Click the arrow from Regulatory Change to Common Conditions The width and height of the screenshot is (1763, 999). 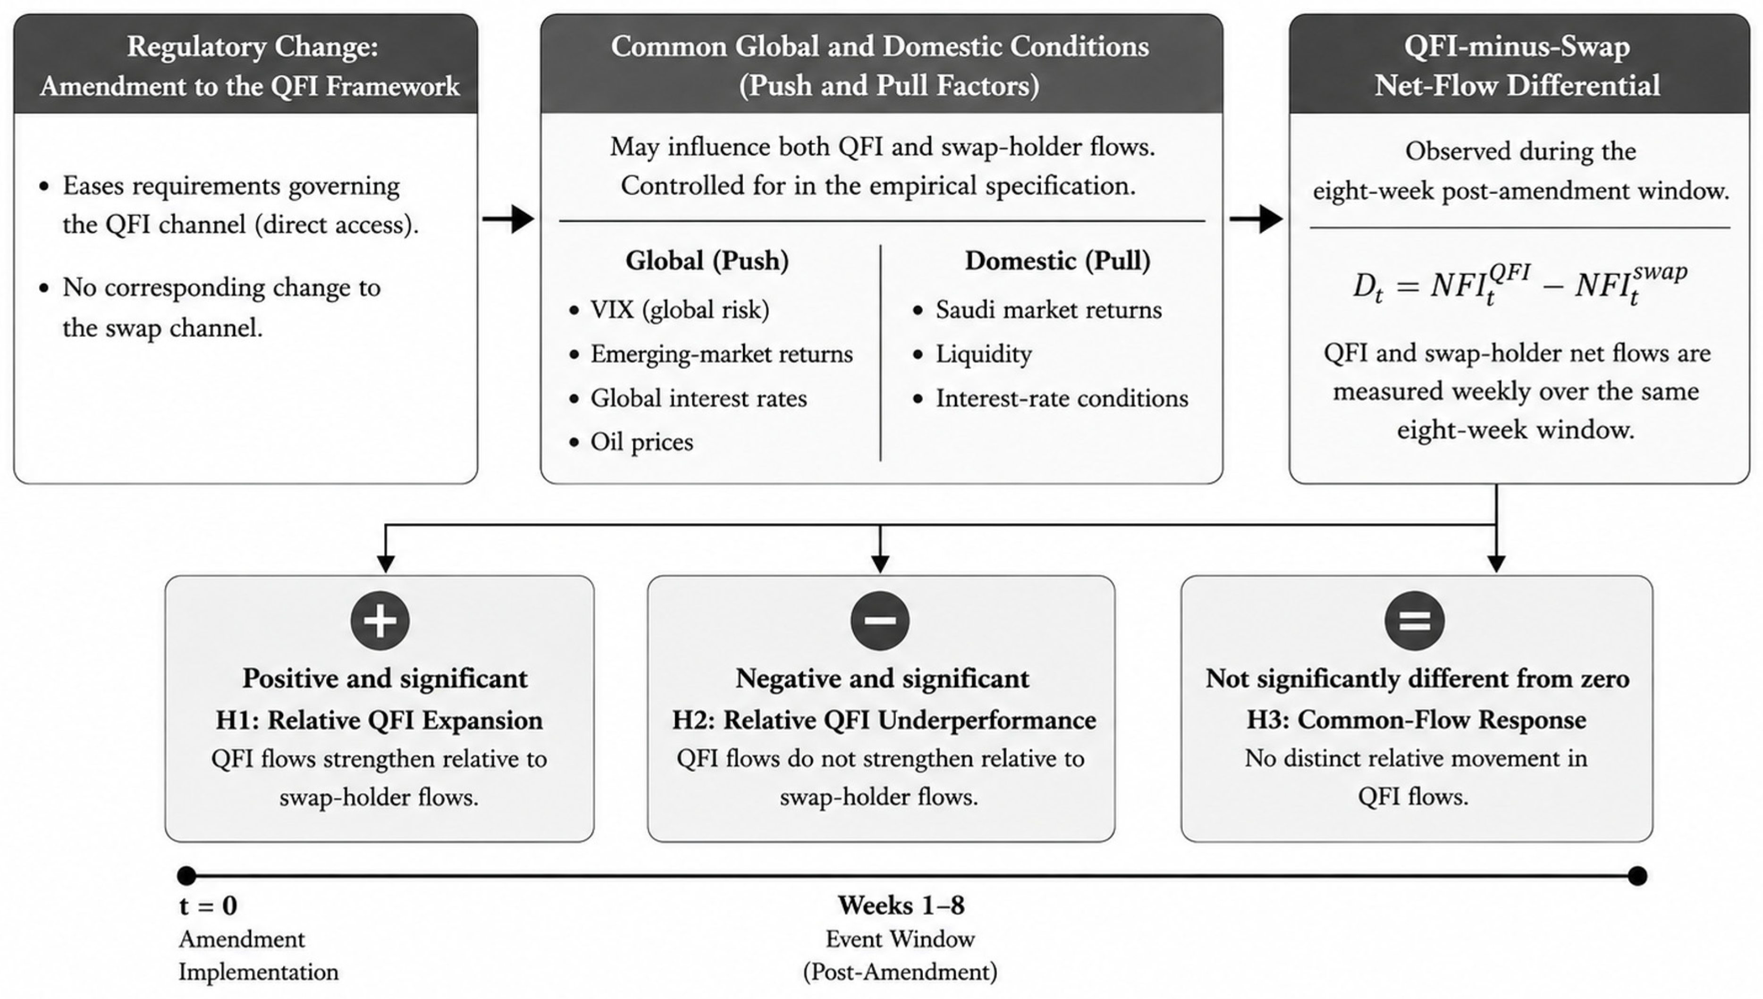tap(508, 219)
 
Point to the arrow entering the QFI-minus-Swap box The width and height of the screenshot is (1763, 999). tap(1257, 219)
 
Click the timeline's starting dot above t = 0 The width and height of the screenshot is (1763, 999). tap(186, 875)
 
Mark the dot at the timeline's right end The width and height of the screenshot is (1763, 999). tap(1637, 875)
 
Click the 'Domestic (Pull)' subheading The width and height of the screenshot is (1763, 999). tap(1057, 261)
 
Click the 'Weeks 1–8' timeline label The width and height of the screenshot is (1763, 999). tap(901, 906)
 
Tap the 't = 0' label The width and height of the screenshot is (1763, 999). tap(208, 906)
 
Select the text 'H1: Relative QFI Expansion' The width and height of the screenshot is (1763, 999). tap(380, 721)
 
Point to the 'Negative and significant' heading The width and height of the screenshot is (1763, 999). tap(882, 679)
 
